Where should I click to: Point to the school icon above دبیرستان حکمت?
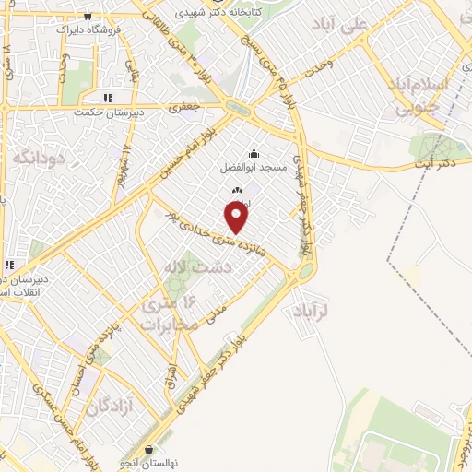[108, 97]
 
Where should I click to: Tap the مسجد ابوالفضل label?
[254, 168]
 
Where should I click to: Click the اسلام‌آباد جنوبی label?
[430, 96]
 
